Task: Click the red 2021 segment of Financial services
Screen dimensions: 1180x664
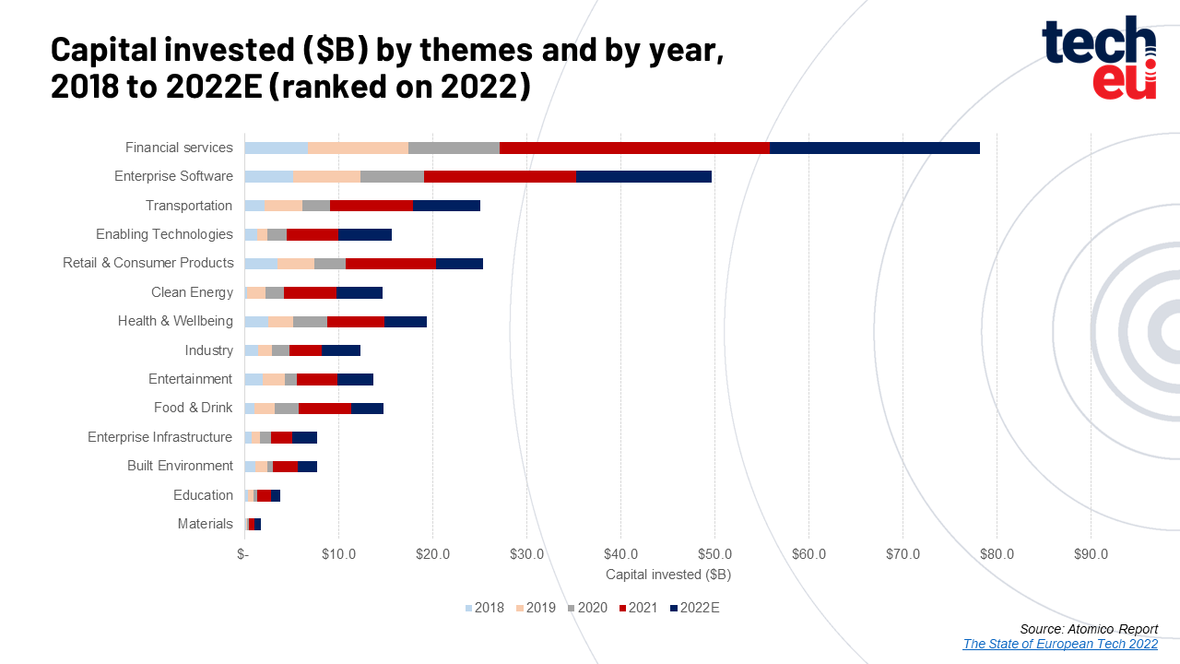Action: click(634, 148)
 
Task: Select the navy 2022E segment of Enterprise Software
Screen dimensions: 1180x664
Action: click(643, 176)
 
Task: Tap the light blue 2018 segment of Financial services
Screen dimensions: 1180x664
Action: click(276, 148)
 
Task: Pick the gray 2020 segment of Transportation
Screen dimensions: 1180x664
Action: click(316, 206)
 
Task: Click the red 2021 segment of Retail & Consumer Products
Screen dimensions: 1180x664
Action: click(391, 264)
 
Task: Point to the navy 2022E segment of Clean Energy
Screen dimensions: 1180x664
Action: click(360, 292)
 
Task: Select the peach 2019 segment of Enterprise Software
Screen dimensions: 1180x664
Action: click(326, 176)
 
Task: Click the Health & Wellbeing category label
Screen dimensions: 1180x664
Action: click(175, 321)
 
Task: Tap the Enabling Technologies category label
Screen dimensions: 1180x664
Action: click(164, 234)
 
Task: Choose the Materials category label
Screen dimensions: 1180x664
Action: click(205, 524)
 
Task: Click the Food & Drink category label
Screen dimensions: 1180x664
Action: click(193, 408)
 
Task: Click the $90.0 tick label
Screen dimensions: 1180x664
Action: click(1091, 554)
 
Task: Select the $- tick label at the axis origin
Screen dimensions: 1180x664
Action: click(242, 554)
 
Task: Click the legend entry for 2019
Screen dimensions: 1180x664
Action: click(536, 608)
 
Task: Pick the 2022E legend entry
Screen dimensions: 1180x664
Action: click(694, 608)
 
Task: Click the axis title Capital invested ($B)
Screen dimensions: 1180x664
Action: click(668, 575)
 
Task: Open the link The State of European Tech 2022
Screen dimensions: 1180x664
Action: click(1060, 644)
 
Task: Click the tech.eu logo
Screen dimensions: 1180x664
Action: click(1099, 57)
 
